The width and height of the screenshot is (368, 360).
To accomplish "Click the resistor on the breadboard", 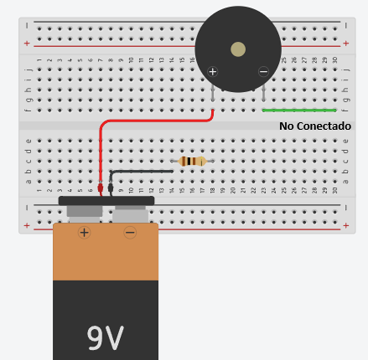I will click(x=192, y=161).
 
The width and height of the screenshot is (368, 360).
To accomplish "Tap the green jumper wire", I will click(x=299, y=110).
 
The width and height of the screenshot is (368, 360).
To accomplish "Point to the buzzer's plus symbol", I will click(x=213, y=71).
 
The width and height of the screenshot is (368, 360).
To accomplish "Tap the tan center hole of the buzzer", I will click(x=238, y=50).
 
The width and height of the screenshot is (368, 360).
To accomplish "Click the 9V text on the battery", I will click(x=106, y=336).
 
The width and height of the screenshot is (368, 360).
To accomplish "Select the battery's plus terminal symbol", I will click(x=84, y=232).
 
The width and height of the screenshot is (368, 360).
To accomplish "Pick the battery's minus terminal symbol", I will click(x=129, y=232).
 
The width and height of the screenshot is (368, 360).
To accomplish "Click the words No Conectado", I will click(x=315, y=126).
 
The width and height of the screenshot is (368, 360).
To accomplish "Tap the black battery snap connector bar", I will click(x=107, y=200).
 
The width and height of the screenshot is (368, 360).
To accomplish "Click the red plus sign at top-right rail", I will click(x=346, y=43).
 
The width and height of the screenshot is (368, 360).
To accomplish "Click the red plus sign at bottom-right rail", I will click(x=346, y=226).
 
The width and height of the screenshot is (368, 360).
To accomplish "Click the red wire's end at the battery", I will click(x=100, y=189).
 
